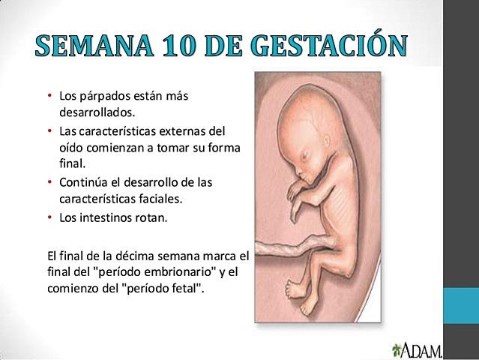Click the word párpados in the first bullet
[102, 98]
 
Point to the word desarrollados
[95, 113]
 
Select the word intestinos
[106, 218]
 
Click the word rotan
[151, 218]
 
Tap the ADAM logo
[416, 349]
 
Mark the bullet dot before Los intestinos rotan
[49, 218]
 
